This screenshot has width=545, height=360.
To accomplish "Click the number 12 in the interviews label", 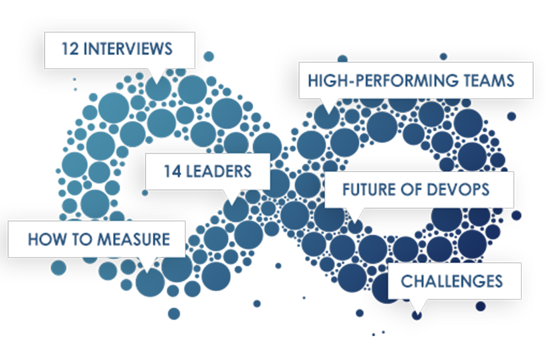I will coord(69,49).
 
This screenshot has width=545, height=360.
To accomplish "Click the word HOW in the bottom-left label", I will coord(42,239).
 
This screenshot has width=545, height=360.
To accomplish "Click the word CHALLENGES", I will coord(451,281).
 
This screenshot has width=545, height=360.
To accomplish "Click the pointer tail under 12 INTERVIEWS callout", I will coord(156,75).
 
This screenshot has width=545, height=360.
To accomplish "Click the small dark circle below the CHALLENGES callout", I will coord(417,315).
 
